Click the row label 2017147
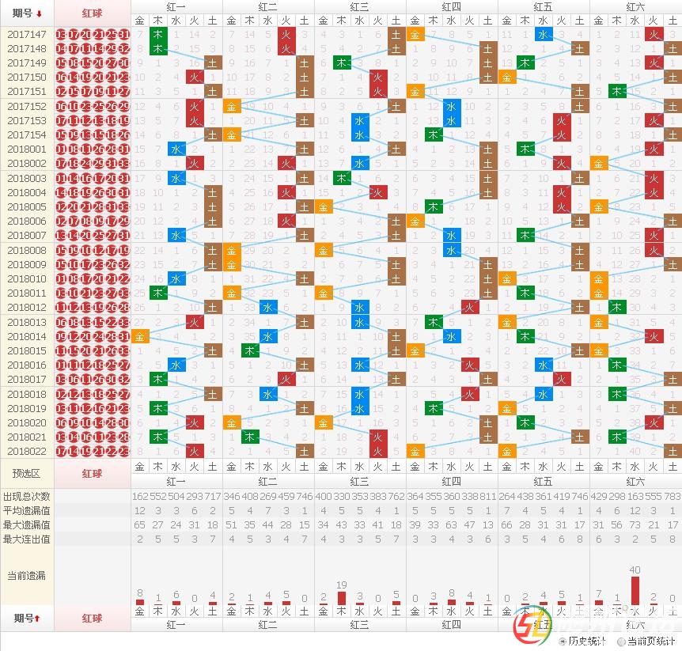tap(27, 35)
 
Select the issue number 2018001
tap(27, 149)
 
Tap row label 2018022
tap(27, 451)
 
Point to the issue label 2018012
tap(27, 307)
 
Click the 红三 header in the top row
tap(359, 6)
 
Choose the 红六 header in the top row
tap(635, 6)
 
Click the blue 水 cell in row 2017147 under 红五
tap(543, 35)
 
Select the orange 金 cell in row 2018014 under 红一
tap(140, 336)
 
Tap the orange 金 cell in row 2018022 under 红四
tap(415, 451)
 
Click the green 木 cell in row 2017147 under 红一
tap(158, 35)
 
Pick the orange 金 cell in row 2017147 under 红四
tap(415, 35)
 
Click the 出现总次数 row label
tap(27, 496)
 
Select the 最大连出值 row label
tap(27, 539)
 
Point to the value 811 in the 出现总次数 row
tap(488, 496)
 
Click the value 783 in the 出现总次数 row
tap(672, 496)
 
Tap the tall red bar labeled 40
tap(635, 590)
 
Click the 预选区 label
tap(27, 473)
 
